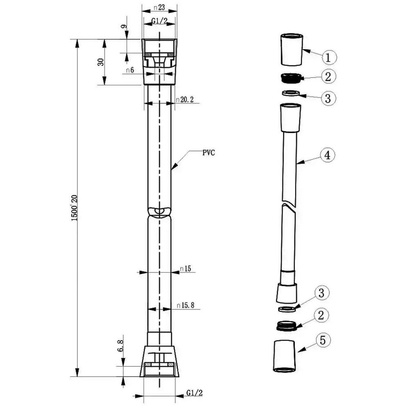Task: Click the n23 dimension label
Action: click(160, 7)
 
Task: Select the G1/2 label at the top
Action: click(160, 20)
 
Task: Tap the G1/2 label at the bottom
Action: click(194, 393)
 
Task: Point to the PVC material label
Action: click(209, 153)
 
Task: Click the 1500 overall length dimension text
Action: click(74, 208)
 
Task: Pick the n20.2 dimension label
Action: click(185, 100)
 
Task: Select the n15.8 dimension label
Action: click(185, 305)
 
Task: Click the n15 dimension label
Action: click(185, 268)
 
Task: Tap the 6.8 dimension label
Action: click(120, 346)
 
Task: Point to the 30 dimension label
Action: click(101, 62)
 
